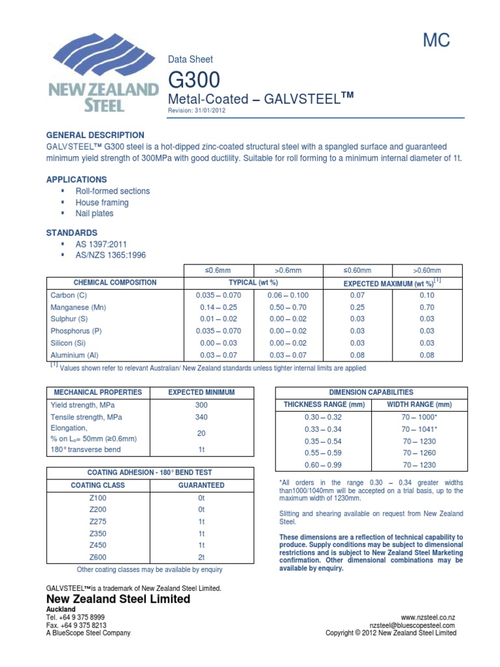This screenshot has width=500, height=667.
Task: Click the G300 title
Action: pyautogui.click(x=194, y=80)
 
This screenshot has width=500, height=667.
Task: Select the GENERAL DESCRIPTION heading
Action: pyautogui.click(x=96, y=135)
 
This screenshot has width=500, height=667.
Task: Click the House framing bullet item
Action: pyautogui.click(x=102, y=203)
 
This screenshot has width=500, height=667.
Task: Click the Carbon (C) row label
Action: pyautogui.click(x=68, y=295)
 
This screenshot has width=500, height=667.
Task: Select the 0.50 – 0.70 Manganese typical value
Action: pyautogui.click(x=288, y=307)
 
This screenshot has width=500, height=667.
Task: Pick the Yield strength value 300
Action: pyautogui.click(x=201, y=404)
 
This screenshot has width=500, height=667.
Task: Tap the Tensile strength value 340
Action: pyautogui.click(x=201, y=417)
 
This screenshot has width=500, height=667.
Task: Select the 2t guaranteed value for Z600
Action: pyautogui.click(x=201, y=557)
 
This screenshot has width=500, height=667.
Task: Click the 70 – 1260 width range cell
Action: pyautogui.click(x=419, y=453)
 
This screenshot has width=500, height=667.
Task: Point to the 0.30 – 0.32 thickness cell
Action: pyautogui.click(x=323, y=416)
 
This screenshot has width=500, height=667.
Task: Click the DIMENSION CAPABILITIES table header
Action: pyautogui.click(x=370, y=392)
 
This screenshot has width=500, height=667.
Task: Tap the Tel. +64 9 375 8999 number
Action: pyautogui.click(x=76, y=616)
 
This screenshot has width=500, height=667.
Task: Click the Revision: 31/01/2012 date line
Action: pyautogui.click(x=197, y=111)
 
